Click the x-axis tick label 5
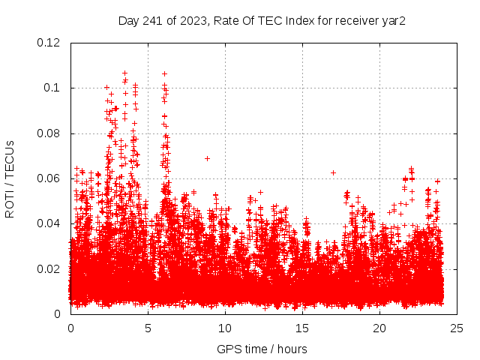tap(148, 328)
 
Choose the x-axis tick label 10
tap(226, 328)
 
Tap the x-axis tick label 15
tap(303, 328)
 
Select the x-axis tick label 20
tap(380, 328)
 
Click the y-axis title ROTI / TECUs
tap(10, 178)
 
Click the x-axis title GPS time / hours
tap(262, 349)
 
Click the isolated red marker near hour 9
tap(207, 158)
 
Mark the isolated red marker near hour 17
tap(333, 172)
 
